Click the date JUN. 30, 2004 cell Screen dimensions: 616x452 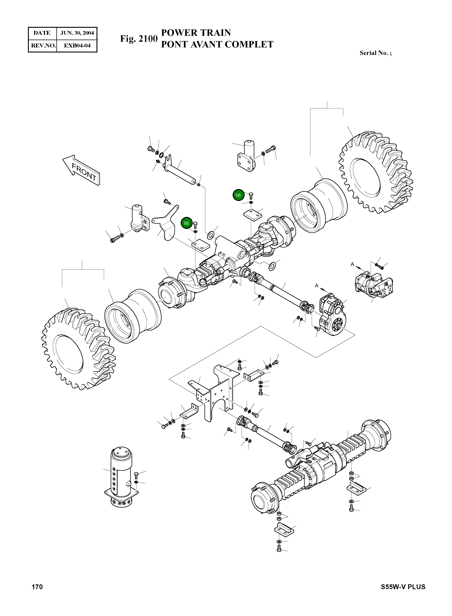(x=77, y=33)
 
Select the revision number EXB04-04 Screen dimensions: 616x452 (x=77, y=45)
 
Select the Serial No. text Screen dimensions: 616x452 (x=375, y=53)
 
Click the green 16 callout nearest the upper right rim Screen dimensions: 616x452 (x=238, y=195)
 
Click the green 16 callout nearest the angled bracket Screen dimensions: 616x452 (x=186, y=223)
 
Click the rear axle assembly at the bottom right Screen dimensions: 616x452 (x=320, y=471)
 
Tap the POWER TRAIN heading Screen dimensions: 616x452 (x=196, y=33)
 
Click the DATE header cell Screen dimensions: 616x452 (x=42, y=33)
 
